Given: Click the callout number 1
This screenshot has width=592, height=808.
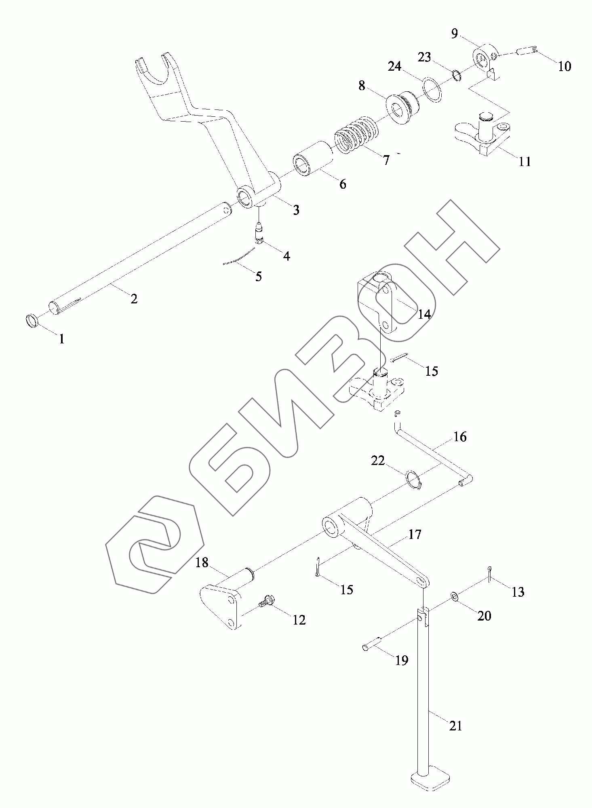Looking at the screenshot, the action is (61, 339).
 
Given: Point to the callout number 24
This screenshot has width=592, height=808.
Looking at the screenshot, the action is (394, 65).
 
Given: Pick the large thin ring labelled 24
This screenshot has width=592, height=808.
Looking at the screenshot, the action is (432, 89).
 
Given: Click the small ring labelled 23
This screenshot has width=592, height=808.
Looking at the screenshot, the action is (456, 75).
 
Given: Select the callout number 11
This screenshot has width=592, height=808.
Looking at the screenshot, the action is (525, 162).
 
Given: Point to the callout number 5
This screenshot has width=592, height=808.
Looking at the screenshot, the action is (259, 276).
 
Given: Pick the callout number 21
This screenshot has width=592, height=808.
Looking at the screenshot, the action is (455, 726).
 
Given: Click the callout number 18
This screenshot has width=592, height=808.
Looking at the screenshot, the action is (202, 562).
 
